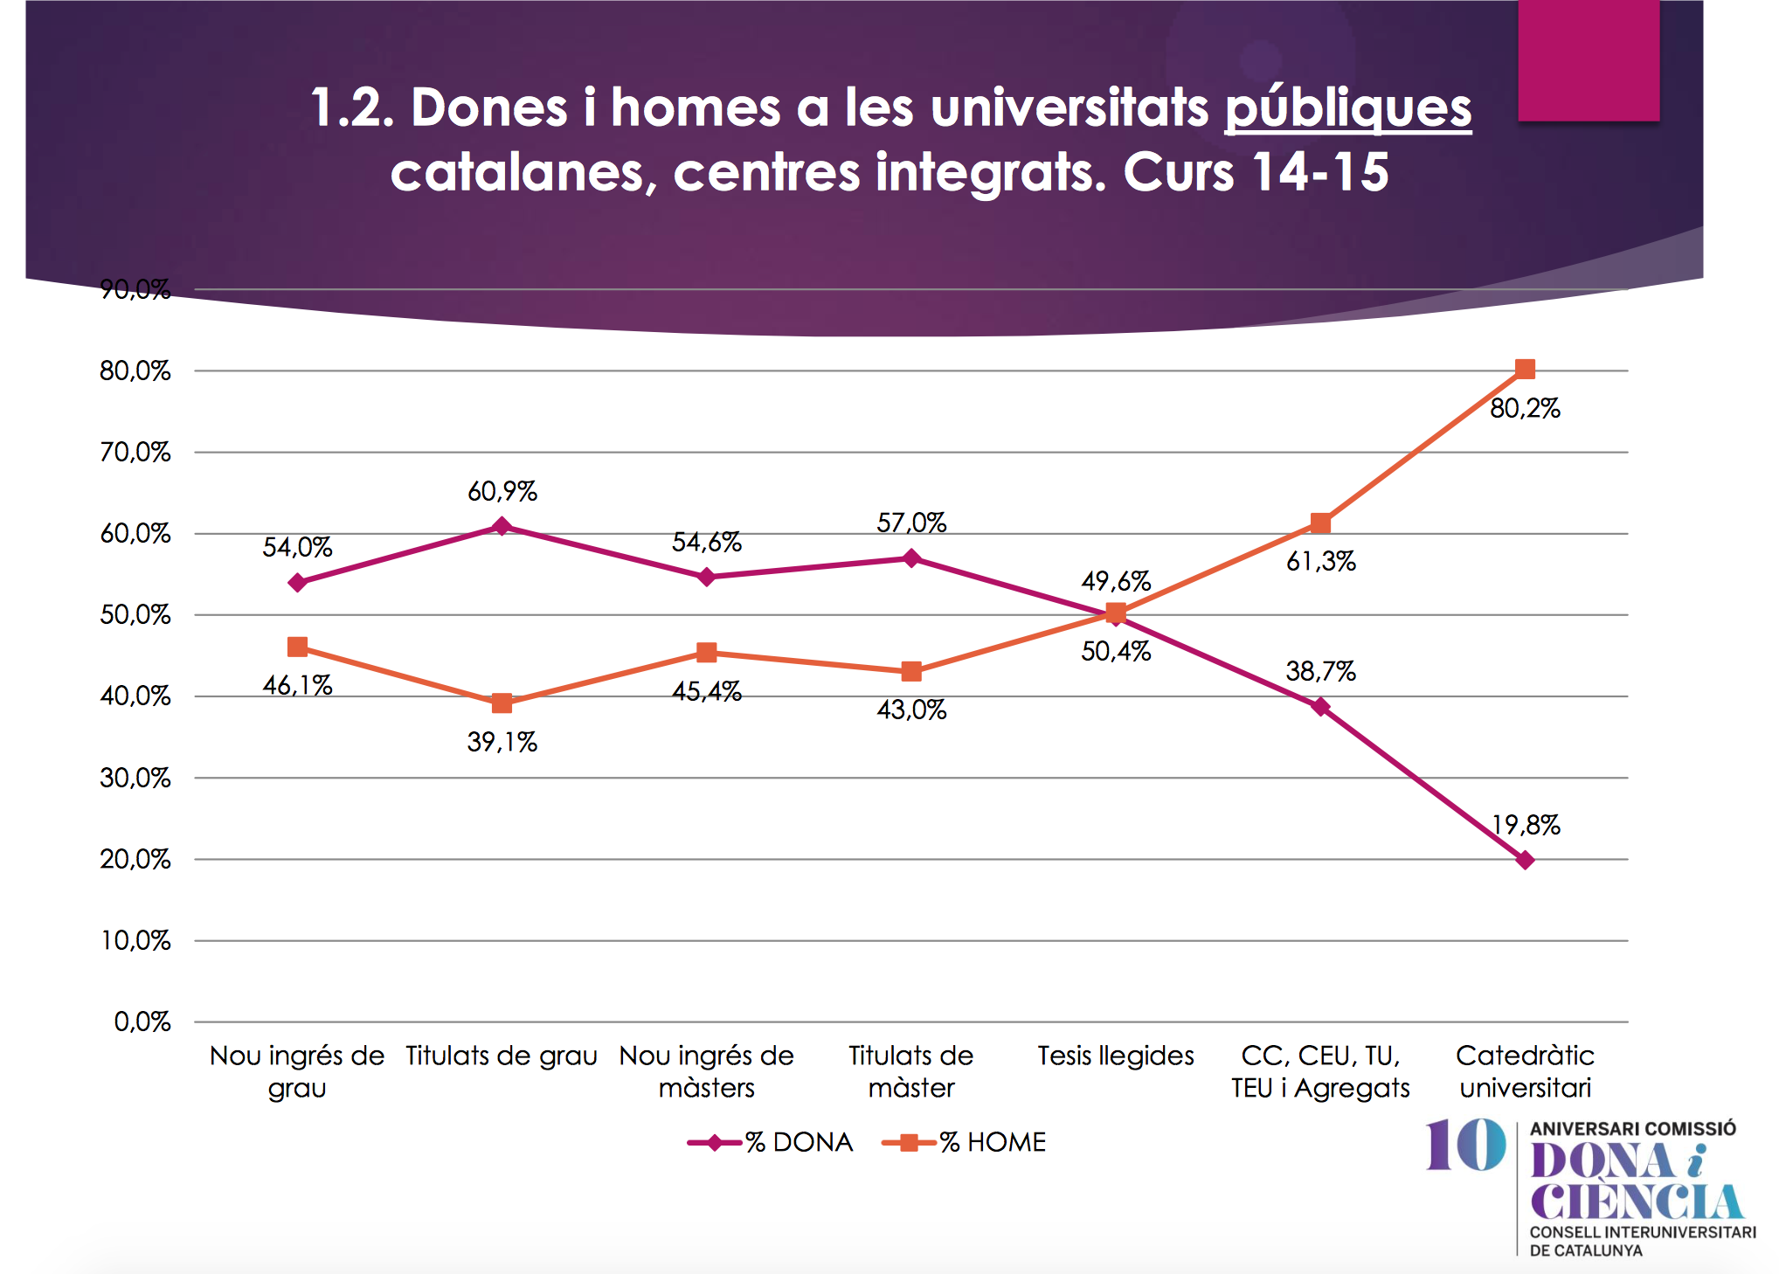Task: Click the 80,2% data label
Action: (x=1525, y=408)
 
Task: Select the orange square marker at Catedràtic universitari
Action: (x=1525, y=370)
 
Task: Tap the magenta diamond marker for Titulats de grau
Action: (x=502, y=526)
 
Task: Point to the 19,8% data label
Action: (x=1526, y=825)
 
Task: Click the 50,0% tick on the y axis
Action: (x=135, y=614)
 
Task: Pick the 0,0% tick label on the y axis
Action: (x=142, y=1021)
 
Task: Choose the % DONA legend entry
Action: (x=771, y=1142)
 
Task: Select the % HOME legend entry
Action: (x=965, y=1142)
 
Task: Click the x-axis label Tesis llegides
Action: (x=1116, y=1056)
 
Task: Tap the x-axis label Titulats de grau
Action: (x=502, y=1056)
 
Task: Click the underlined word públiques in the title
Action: (x=1347, y=107)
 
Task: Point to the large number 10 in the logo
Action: (x=1466, y=1145)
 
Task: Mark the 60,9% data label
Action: (x=502, y=491)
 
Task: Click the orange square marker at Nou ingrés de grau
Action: (x=297, y=647)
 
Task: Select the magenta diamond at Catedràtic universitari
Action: (x=1525, y=861)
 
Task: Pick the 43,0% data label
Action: (x=911, y=710)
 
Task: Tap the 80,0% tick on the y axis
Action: (x=135, y=370)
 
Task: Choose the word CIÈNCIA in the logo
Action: (x=1636, y=1202)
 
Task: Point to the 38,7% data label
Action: (x=1320, y=671)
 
